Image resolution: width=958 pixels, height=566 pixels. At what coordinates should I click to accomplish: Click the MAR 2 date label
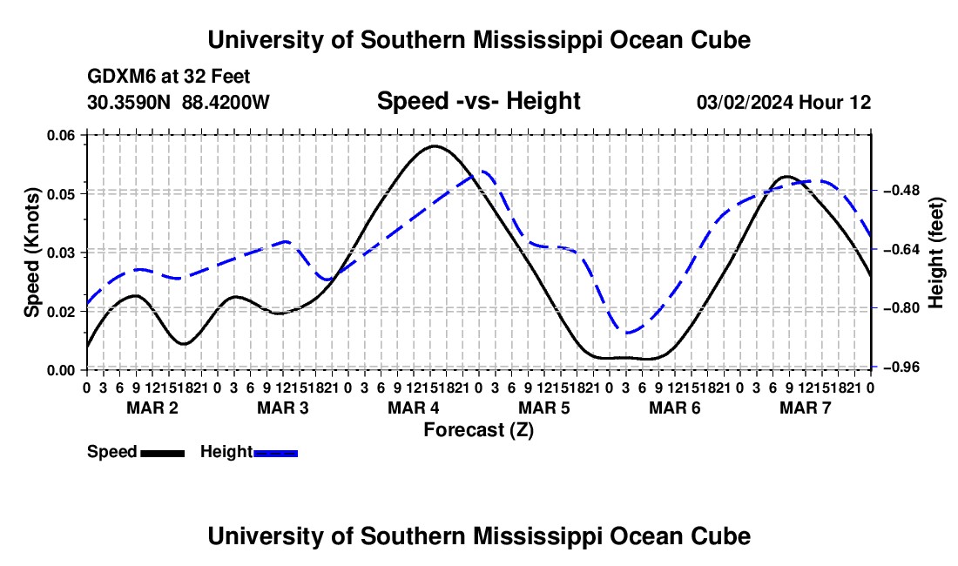[x=152, y=408]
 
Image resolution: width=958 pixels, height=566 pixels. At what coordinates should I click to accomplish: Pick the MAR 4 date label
[x=413, y=408]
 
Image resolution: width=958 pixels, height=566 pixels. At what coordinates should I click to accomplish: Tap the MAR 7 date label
[x=806, y=408]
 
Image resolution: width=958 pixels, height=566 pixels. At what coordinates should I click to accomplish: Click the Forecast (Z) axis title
[x=479, y=430]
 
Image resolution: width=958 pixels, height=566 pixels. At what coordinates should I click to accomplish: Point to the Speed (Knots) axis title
[x=31, y=253]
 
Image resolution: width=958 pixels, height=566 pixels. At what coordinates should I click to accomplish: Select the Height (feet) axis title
[x=935, y=253]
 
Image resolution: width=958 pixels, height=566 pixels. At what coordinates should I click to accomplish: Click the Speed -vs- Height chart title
[x=479, y=101]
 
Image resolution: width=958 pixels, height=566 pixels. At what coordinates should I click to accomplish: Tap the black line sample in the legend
[x=163, y=453]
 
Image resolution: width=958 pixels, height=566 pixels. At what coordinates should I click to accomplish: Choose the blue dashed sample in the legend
[x=275, y=453]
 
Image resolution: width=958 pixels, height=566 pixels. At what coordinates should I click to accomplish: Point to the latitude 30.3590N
[x=129, y=102]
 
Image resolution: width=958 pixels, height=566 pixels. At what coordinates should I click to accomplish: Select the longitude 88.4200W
[x=226, y=102]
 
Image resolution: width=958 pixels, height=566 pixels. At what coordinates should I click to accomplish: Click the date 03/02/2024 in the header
[x=745, y=102]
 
